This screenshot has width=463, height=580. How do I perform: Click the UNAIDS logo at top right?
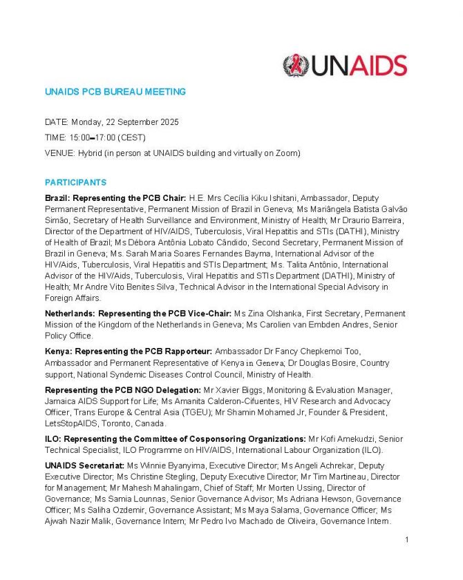[345, 66]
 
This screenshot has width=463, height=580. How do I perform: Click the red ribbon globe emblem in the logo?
[296, 66]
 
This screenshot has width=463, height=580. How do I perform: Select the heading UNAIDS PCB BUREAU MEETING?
[115, 91]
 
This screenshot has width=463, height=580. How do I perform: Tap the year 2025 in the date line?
[169, 122]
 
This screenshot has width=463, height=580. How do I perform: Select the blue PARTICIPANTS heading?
[76, 182]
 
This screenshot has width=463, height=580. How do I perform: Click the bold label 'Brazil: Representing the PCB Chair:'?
[115, 198]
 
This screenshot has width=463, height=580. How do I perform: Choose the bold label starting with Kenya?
[129, 351]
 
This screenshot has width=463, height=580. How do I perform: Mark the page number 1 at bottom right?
[407, 539]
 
